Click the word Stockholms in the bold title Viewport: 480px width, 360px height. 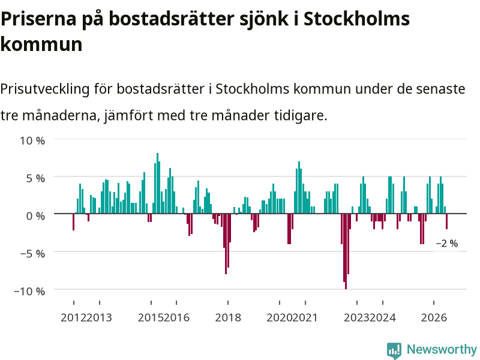(356, 19)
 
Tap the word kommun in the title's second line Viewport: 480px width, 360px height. (41, 44)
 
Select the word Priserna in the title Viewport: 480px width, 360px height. (38, 19)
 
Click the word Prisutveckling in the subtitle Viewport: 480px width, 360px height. (45, 89)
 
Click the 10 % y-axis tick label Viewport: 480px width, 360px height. (32, 141)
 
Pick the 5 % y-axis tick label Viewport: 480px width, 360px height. (35, 178)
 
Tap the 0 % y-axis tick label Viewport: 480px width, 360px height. (35, 216)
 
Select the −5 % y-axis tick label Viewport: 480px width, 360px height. (32, 254)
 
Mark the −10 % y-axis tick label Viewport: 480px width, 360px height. (29, 291)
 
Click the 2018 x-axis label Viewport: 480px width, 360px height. (228, 318)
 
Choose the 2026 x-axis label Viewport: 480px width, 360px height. (434, 318)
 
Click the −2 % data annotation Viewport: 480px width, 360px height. (447, 244)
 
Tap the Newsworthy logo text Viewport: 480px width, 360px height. (442, 349)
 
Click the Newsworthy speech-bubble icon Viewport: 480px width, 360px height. (394, 350)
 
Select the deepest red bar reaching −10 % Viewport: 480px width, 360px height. (346, 251)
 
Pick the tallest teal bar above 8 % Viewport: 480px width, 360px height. (157, 183)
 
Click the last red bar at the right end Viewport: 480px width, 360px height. (446, 221)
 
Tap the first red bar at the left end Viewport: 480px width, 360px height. (73, 222)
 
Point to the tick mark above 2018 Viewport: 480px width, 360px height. (228, 303)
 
